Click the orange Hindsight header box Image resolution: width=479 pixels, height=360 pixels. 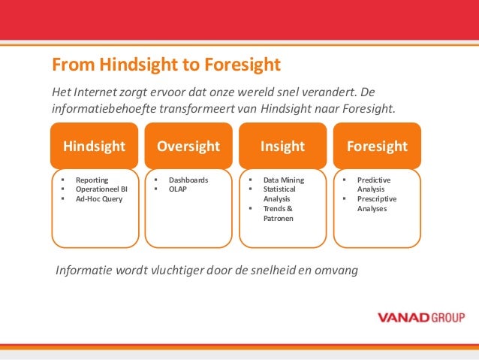point(95,146)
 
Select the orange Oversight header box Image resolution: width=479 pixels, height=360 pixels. point(188,146)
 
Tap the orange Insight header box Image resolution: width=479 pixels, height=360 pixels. point(282,146)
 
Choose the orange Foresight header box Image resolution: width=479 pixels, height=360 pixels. point(377,146)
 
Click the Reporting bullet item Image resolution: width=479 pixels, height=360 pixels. point(92,180)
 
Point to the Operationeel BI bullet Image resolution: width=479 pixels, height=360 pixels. point(101,190)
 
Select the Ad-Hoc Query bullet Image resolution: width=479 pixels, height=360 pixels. point(98,199)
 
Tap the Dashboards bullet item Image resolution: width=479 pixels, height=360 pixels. point(188,180)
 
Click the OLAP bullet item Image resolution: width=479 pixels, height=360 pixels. point(179,190)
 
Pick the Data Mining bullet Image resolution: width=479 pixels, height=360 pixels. point(284,180)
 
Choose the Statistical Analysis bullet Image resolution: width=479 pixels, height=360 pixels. point(278,195)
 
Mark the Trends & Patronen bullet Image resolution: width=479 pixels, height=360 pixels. point(278,213)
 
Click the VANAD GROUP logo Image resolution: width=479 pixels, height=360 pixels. point(420,316)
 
